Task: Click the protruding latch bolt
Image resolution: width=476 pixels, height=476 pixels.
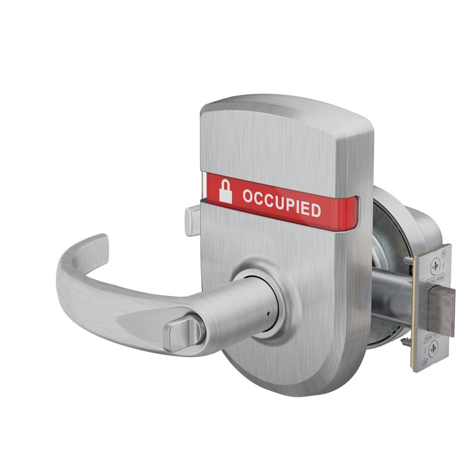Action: tap(441, 312)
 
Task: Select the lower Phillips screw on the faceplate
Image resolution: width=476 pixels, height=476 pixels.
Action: tap(434, 350)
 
